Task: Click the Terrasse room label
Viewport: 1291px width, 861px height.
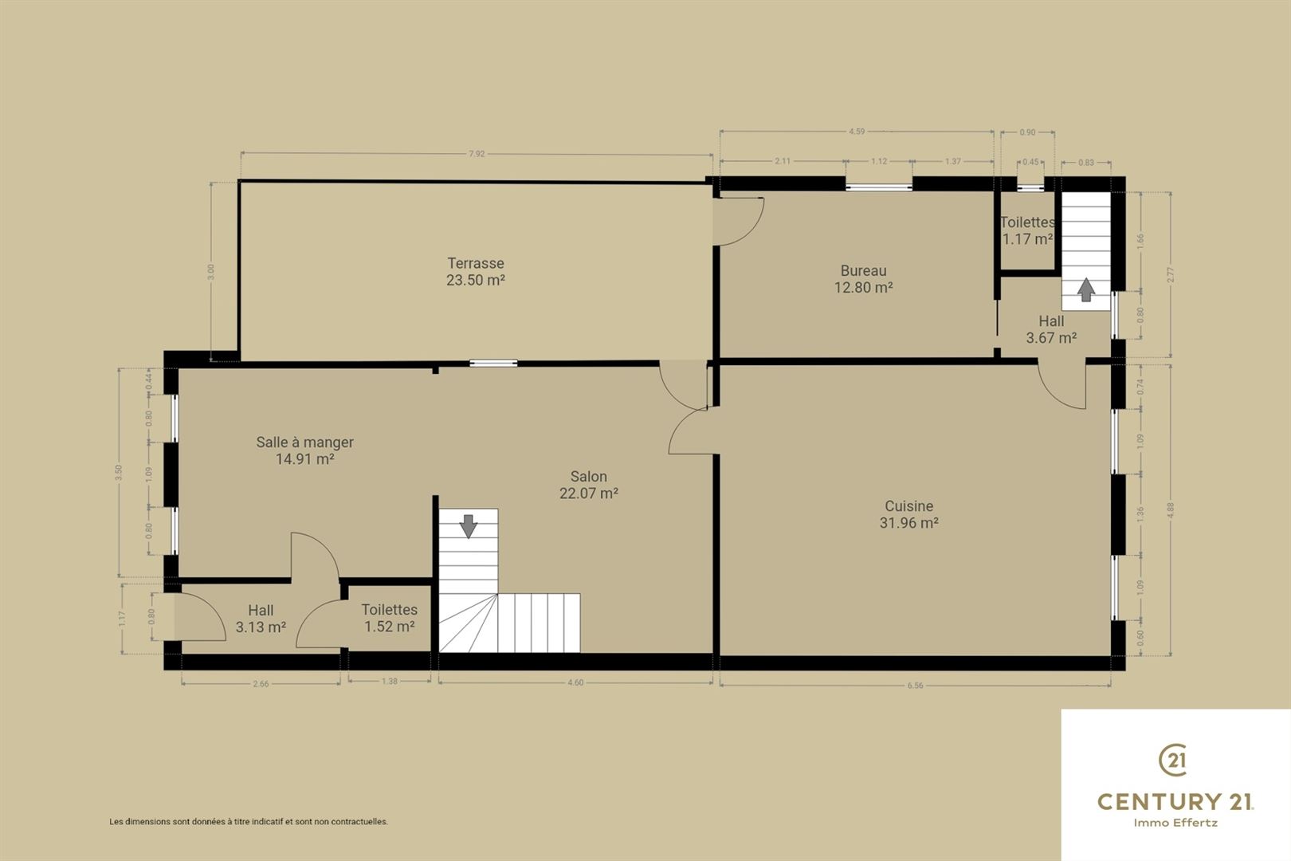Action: click(476, 272)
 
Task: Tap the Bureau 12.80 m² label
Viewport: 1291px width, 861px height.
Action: click(863, 279)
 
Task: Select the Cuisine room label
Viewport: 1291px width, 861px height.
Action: click(909, 514)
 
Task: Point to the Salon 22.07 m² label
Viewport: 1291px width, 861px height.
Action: click(588, 485)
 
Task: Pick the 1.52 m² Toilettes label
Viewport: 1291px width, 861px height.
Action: click(390, 618)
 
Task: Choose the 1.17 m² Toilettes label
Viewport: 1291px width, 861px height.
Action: click(1027, 230)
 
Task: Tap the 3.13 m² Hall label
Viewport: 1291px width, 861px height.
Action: click(261, 619)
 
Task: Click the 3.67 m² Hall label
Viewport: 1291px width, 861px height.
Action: click(1051, 329)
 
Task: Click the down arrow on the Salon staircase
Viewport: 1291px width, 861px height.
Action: click(469, 526)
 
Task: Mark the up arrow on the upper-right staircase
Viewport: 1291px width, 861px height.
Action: click(1086, 289)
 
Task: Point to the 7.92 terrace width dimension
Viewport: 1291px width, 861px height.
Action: click(477, 154)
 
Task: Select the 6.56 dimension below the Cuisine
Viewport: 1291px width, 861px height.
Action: click(915, 686)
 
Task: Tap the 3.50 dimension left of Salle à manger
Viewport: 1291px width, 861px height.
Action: click(119, 472)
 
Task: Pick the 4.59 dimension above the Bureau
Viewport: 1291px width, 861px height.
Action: click(857, 132)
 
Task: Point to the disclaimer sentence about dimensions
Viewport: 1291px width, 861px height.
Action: click(249, 822)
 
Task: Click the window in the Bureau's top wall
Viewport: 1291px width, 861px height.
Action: click(879, 187)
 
